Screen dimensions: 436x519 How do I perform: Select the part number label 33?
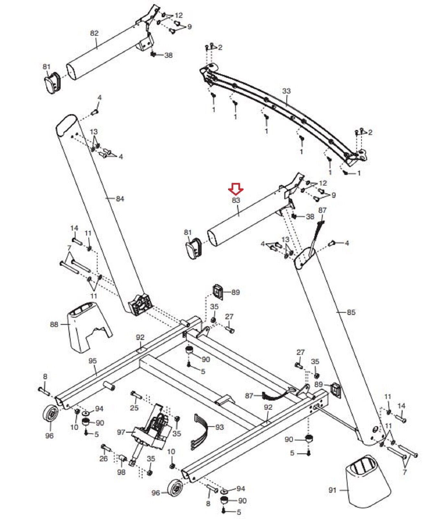pos(286,91)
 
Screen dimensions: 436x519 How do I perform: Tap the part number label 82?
pos(94,33)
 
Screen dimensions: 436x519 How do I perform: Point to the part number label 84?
pos(120,199)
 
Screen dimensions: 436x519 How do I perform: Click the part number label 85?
pos(351,312)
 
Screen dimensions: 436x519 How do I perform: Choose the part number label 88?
pos(54,324)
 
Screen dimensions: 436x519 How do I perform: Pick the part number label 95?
pos(93,361)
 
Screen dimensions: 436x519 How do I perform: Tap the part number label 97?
pos(121,432)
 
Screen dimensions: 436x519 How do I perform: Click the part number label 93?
pos(220,427)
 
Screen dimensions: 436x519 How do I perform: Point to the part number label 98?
pos(121,472)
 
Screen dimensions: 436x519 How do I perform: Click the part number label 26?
pos(103,459)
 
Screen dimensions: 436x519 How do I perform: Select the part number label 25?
pos(134,407)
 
